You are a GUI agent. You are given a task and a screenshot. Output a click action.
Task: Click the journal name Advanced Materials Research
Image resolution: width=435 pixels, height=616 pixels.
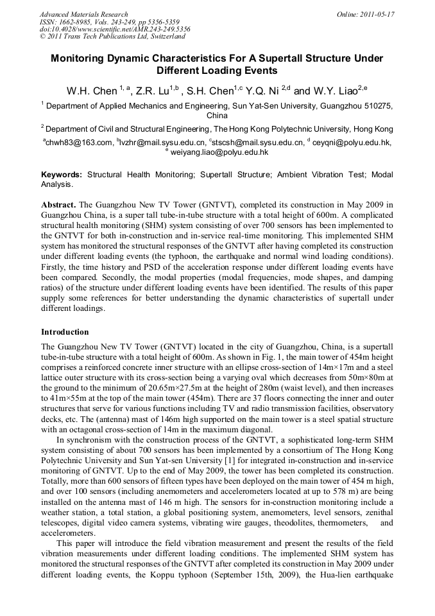(83, 14)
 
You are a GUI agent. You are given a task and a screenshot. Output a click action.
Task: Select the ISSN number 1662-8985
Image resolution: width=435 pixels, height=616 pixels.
(74, 22)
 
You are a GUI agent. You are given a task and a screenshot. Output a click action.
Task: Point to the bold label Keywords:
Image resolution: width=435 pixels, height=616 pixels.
(62, 175)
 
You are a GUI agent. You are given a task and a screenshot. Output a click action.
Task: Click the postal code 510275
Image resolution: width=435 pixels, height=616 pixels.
(376, 105)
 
